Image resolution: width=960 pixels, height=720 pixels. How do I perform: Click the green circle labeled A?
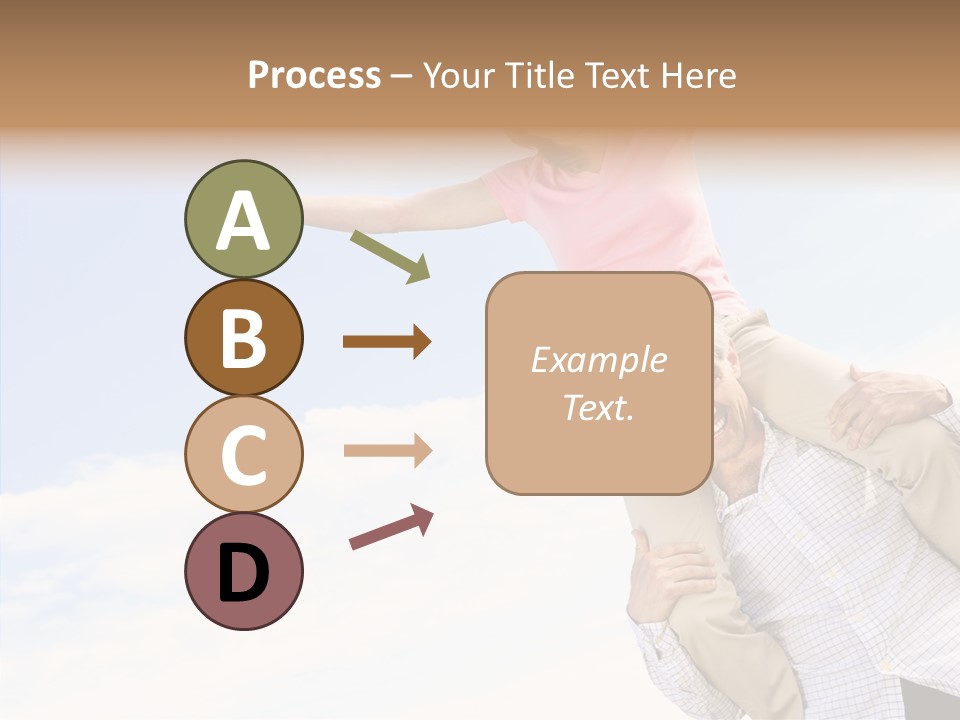click(x=243, y=219)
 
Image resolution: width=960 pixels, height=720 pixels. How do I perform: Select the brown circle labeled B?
click(x=243, y=337)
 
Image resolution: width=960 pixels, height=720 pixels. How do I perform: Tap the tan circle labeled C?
click(x=243, y=454)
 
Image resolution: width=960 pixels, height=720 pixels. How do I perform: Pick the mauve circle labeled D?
click(x=243, y=571)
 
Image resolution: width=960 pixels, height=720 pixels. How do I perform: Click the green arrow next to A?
click(x=390, y=256)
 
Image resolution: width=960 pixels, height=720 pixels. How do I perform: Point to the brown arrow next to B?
click(x=387, y=342)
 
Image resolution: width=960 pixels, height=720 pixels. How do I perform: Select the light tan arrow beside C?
click(x=387, y=451)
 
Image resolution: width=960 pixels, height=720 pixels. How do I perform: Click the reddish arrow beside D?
click(x=391, y=527)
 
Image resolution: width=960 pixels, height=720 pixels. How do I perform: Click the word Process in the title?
click(x=314, y=75)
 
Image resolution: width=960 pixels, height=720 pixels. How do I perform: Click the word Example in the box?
click(x=598, y=360)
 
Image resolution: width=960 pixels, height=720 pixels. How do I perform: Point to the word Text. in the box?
click(x=598, y=407)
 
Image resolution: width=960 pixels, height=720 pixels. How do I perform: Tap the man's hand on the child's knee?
click(x=880, y=400)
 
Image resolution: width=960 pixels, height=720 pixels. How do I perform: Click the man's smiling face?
click(x=735, y=410)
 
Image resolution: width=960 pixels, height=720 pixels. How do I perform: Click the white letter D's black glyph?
click(x=243, y=573)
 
